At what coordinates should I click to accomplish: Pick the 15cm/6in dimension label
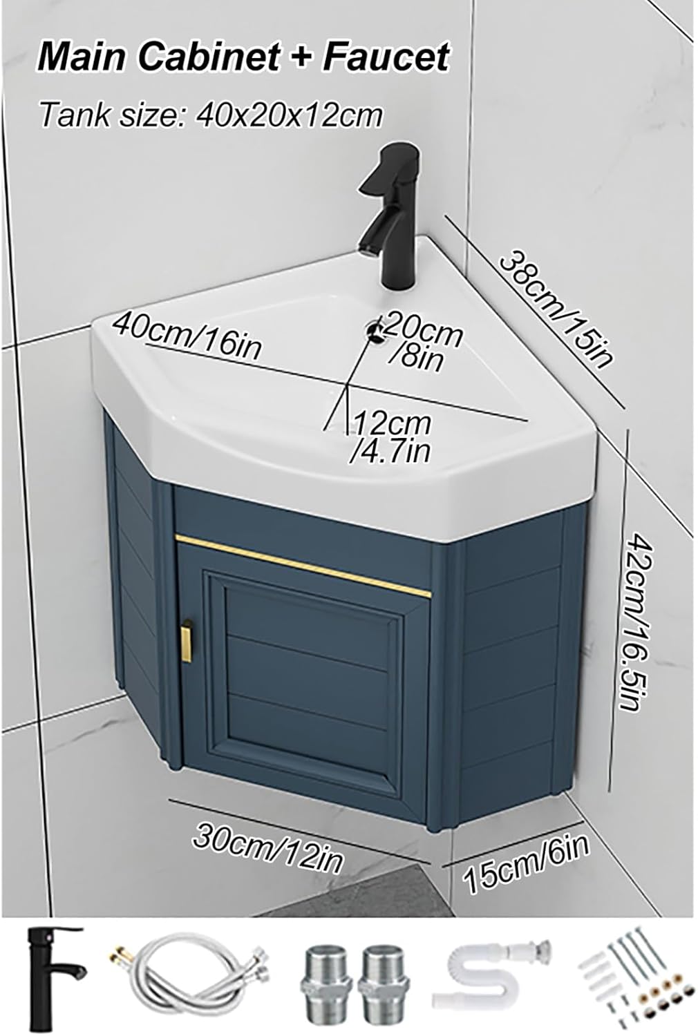click(527, 862)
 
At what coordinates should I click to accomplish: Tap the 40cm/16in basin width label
click(188, 334)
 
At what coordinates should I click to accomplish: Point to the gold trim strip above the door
click(303, 564)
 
